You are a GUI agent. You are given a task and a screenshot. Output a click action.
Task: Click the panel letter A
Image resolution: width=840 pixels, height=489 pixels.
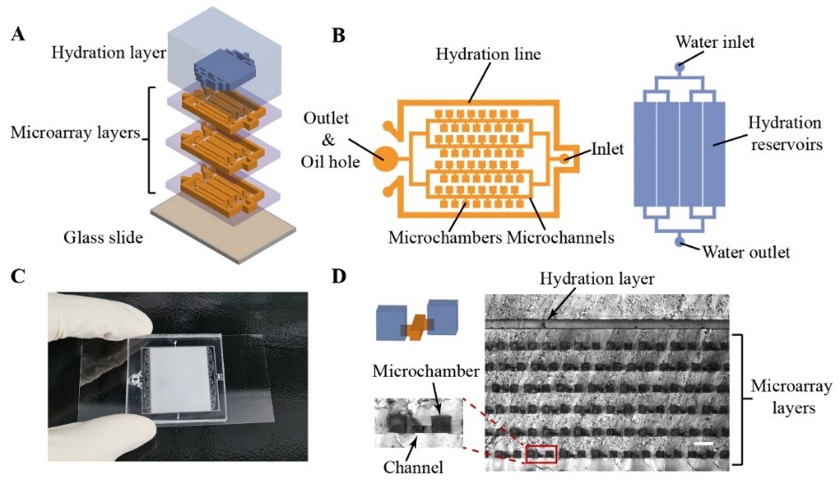(x=17, y=36)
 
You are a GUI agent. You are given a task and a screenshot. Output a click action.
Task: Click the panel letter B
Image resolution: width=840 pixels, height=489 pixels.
(x=339, y=36)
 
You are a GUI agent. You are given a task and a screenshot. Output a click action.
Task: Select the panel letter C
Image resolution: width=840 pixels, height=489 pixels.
(x=17, y=276)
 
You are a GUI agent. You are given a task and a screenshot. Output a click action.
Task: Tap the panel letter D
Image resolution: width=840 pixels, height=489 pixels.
(x=339, y=276)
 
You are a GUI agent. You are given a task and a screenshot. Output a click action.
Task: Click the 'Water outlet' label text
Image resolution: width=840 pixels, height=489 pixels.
(x=744, y=253)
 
